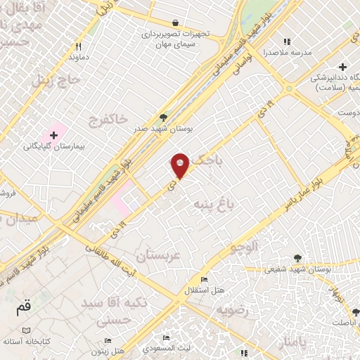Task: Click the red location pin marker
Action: [x=181, y=165]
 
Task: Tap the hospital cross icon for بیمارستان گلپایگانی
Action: [x=53, y=134]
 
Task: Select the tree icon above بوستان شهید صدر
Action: [x=164, y=117]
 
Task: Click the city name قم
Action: [x=23, y=307]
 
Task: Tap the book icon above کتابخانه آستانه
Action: [x=26, y=330]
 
